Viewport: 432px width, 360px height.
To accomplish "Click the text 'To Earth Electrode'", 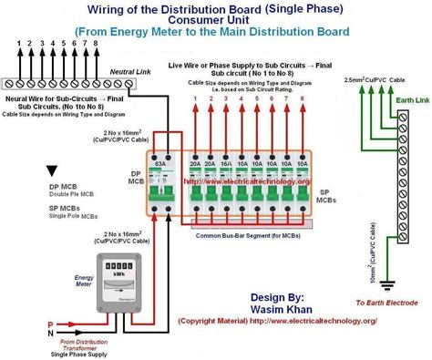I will (x=386, y=302).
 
